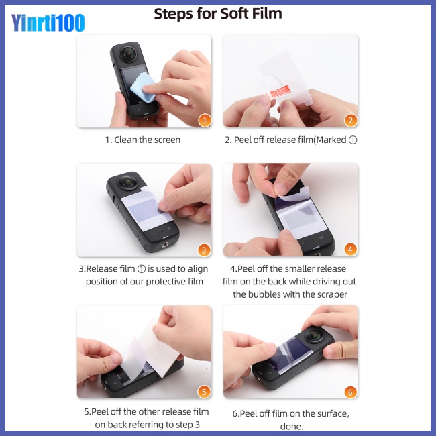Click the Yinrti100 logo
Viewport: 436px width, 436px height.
point(48,23)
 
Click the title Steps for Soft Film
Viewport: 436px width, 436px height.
point(218,13)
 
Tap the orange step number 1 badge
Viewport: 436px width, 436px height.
point(205,121)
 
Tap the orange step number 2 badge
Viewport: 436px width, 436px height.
point(350,121)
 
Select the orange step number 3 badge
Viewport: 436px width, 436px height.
point(205,250)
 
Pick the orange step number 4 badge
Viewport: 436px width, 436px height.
point(350,250)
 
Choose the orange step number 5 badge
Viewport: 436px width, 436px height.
point(205,392)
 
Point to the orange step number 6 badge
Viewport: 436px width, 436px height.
point(350,392)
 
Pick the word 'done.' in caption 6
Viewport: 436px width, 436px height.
point(291,425)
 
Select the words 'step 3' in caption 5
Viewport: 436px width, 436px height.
point(186,425)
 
